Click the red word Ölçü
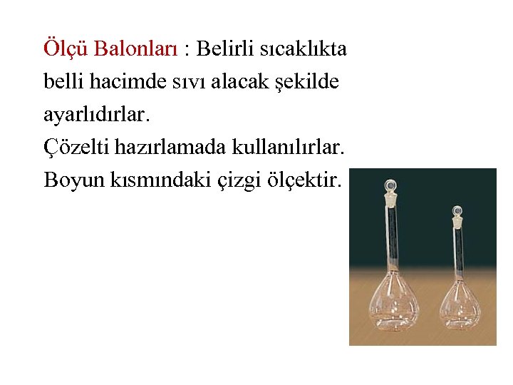(x=66, y=49)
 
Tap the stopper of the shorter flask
(x=456, y=213)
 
